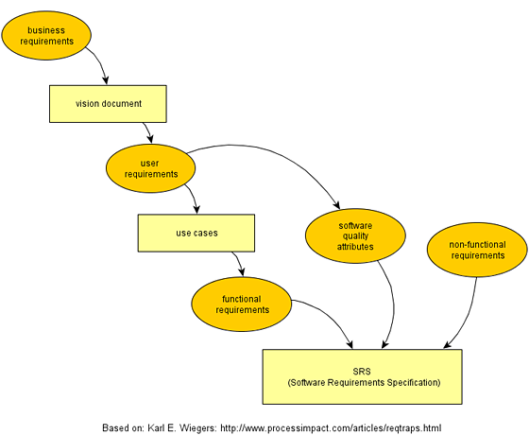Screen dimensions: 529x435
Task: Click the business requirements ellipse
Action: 46,36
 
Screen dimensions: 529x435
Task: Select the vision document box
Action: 108,104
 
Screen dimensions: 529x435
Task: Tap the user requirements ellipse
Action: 150,168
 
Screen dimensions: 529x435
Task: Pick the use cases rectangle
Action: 196,233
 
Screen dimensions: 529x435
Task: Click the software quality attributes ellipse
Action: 355,235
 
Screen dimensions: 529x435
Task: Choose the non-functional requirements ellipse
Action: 477,250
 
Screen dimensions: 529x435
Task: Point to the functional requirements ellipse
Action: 242,304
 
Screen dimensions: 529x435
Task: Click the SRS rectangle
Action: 363,377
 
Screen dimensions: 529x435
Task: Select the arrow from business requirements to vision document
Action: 101,62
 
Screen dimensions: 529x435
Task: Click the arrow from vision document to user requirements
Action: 148,131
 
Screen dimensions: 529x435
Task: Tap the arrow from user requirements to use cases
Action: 194,198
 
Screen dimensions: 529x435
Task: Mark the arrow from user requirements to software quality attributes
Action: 270,150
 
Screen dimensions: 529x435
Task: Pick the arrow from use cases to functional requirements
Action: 238,263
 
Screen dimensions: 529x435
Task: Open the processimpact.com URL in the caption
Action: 331,428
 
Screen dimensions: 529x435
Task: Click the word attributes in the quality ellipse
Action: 355,247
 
